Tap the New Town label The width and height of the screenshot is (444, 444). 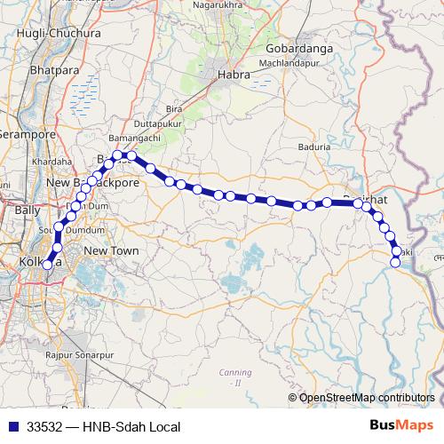click(111, 252)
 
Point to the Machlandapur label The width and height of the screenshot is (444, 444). click(289, 64)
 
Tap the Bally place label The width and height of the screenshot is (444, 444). click(26, 210)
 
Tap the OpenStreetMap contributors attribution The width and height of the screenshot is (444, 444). click(367, 397)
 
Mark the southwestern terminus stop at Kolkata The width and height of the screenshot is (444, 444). click(47, 265)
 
